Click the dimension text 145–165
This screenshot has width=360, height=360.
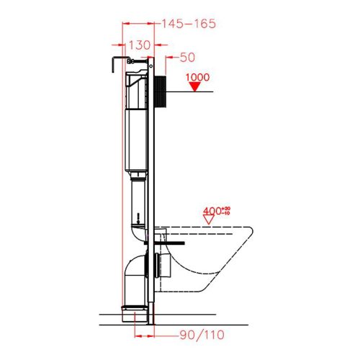tap(189, 24)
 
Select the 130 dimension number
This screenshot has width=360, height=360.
tap(139, 45)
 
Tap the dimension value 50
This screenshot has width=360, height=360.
tap(186, 56)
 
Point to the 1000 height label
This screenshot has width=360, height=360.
tap(197, 76)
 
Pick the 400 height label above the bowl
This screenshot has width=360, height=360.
tap(210, 211)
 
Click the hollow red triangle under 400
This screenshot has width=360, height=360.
tap(210, 222)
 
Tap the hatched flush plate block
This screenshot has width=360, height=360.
tap(162, 90)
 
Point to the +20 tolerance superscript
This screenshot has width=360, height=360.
tap(225, 208)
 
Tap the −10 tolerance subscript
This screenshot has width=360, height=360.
tap(225, 214)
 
